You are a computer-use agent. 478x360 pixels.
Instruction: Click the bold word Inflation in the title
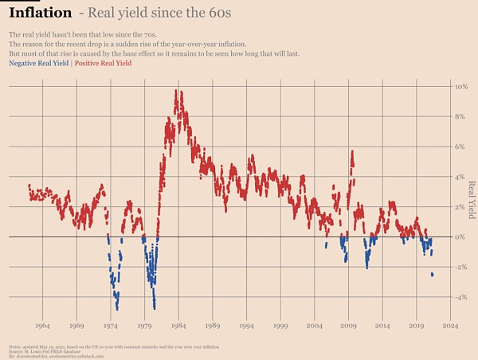(41, 14)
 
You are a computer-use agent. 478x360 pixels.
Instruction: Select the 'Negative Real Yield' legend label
(37, 62)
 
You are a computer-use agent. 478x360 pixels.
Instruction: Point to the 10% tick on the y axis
(460, 86)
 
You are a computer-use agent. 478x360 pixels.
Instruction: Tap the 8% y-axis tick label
(460, 116)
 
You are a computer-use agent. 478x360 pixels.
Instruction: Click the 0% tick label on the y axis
(460, 237)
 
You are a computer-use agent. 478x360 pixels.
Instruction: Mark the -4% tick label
(459, 297)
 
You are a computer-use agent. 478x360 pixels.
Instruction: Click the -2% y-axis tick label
(459, 267)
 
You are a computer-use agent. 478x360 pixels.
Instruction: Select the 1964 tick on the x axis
(43, 326)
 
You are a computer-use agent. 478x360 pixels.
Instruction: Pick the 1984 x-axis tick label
(178, 326)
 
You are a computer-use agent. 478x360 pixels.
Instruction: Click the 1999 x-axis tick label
(280, 326)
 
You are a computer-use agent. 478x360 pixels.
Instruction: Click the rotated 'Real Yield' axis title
(472, 199)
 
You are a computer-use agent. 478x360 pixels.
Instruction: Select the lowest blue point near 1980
(154, 307)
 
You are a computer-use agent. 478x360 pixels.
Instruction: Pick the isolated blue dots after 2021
(432, 274)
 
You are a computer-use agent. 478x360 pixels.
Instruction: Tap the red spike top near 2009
(352, 152)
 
